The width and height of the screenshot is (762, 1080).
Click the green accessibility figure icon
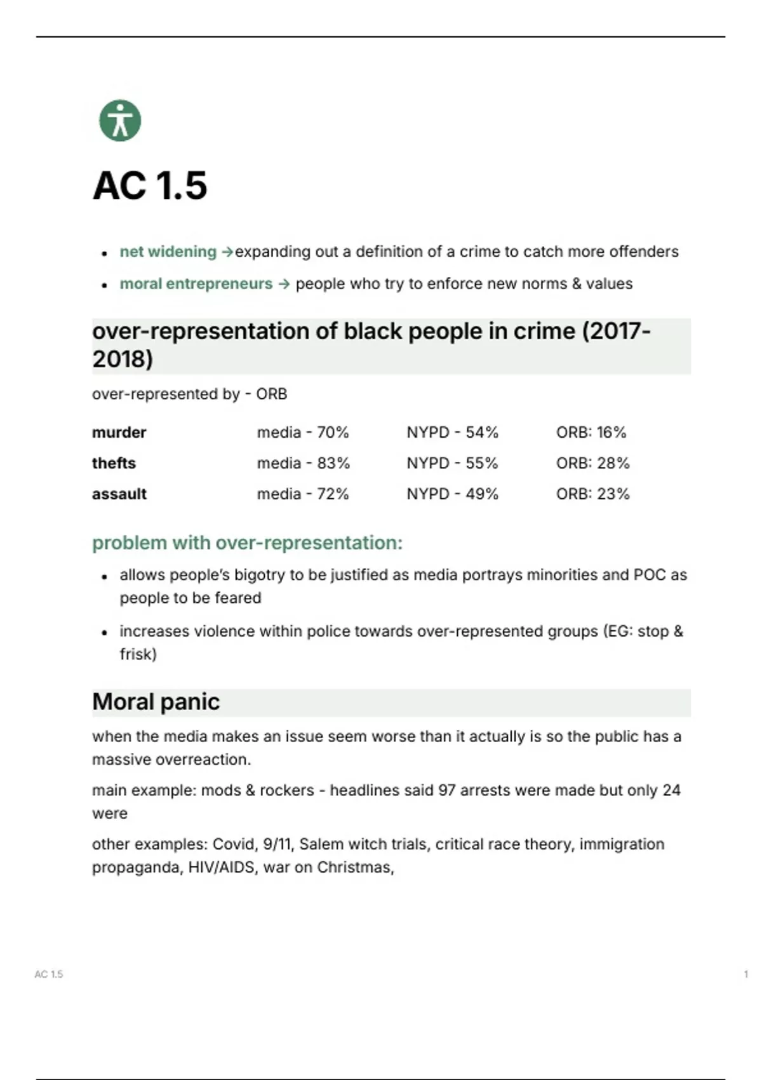pyautogui.click(x=120, y=121)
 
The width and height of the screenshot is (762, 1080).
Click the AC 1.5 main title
pyautogui.click(x=150, y=186)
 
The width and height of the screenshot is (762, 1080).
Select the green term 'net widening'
pyautogui.click(x=168, y=252)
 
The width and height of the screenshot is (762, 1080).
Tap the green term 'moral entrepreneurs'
pyautogui.click(x=196, y=283)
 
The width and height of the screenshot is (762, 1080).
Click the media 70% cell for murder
pyautogui.click(x=303, y=433)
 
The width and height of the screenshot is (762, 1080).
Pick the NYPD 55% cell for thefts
pyautogui.click(x=452, y=463)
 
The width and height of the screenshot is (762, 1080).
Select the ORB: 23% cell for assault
pyautogui.click(x=592, y=494)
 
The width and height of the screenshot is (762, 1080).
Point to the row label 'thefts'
pyautogui.click(x=114, y=463)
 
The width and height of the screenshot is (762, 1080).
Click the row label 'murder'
pyautogui.click(x=119, y=433)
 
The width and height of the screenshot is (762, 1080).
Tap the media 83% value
pyautogui.click(x=303, y=463)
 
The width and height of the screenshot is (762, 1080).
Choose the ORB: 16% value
pyautogui.click(x=591, y=433)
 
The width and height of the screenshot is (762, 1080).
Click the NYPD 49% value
pyautogui.click(x=452, y=494)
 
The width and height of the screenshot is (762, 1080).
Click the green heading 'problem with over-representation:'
pyautogui.click(x=247, y=543)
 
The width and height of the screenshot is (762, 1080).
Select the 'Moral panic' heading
pyautogui.click(x=156, y=702)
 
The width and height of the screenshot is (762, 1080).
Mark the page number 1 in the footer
pyautogui.click(x=745, y=974)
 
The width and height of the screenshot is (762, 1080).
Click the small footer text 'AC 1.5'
pyautogui.click(x=49, y=974)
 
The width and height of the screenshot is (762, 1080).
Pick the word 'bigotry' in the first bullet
pyautogui.click(x=260, y=575)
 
